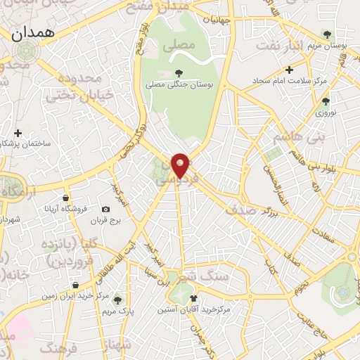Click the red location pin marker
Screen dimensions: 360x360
coord(181,165)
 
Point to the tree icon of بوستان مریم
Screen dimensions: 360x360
coord(326,33)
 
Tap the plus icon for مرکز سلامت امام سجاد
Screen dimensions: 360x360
coord(289,69)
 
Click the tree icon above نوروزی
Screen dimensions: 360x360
coord(326,101)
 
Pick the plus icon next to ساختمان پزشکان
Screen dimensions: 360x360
coord(18,132)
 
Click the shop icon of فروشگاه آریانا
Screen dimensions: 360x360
coord(65,198)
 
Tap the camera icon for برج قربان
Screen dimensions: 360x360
coord(105,209)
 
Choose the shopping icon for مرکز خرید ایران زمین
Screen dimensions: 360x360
coord(75,285)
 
